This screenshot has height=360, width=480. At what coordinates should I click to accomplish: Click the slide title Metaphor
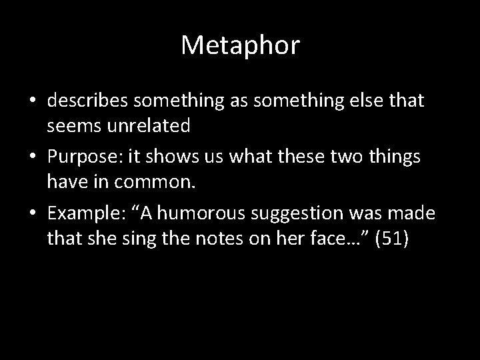[x=240, y=46]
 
